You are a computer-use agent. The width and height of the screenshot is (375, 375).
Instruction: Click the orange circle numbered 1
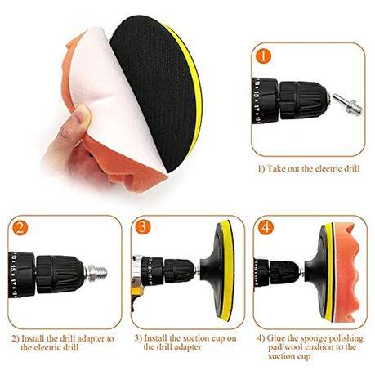[x=263, y=56]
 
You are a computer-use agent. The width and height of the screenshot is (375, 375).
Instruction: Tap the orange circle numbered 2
[x=20, y=228]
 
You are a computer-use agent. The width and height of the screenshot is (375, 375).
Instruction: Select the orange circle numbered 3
[x=142, y=226]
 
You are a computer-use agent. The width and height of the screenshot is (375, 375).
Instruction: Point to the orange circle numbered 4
[x=266, y=226]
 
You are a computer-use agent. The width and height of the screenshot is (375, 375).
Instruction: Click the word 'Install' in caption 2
[x=33, y=338]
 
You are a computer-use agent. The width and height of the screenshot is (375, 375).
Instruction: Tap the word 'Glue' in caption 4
[x=275, y=338]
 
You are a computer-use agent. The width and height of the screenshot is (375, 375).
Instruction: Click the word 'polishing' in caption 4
[x=346, y=339]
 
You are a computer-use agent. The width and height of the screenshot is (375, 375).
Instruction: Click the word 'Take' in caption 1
[x=275, y=168]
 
